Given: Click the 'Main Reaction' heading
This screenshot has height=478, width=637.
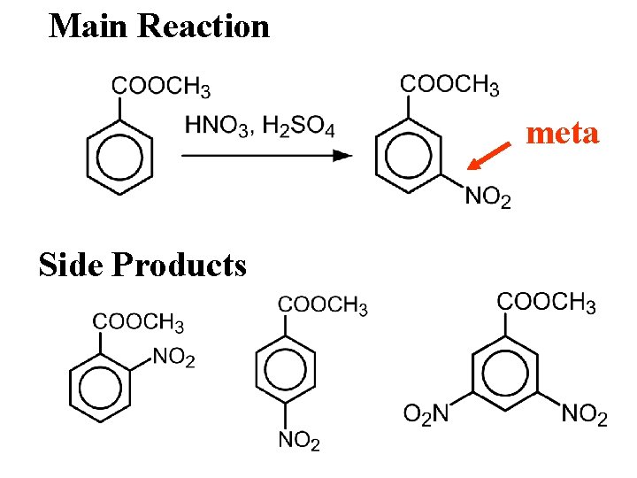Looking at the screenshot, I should (159, 26).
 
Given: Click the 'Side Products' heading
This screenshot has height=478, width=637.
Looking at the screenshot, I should (142, 264).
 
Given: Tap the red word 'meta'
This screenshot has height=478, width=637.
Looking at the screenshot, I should (563, 134).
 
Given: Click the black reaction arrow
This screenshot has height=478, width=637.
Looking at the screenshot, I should (266, 156).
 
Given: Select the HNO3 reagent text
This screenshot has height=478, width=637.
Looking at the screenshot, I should (216, 127).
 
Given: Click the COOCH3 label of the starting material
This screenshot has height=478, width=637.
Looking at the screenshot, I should (161, 87).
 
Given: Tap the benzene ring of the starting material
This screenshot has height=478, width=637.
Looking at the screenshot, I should (119, 159).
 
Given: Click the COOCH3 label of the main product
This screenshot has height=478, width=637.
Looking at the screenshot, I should (449, 85).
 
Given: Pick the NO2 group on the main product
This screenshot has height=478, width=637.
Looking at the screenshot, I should (487, 197).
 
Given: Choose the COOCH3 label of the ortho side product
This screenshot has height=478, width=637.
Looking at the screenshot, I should (139, 322).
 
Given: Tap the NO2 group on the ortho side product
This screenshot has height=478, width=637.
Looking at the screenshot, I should (174, 358).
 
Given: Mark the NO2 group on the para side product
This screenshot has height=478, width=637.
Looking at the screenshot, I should (299, 440).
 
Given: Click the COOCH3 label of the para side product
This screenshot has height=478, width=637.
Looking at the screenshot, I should (322, 305).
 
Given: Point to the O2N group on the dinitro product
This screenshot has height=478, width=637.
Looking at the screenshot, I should (426, 414).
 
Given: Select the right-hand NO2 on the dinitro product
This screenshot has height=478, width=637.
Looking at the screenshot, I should (585, 414).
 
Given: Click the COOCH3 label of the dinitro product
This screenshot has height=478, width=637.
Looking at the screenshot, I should (546, 303).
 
